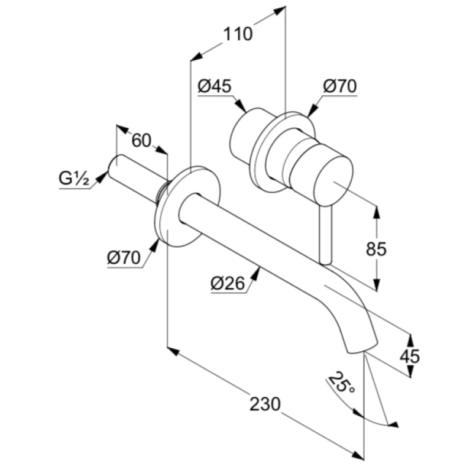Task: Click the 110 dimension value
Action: pyautogui.click(x=238, y=34)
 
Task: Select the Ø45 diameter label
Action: pyautogui.click(x=215, y=86)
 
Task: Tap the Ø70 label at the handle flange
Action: pyautogui.click(x=339, y=86)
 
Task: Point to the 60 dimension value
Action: pyautogui.click(x=141, y=140)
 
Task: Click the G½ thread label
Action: pyautogui.click(x=74, y=179)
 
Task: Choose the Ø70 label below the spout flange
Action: pyautogui.click(x=124, y=258)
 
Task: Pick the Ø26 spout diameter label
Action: pyautogui.click(x=228, y=283)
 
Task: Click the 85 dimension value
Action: pyautogui.click(x=376, y=249)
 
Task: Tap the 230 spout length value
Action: pyautogui.click(x=265, y=404)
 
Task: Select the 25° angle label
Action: pyautogui.click(x=342, y=383)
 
